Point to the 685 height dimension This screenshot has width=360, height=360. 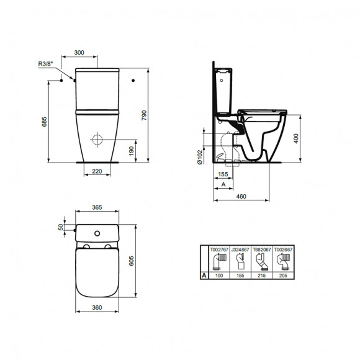[45, 122]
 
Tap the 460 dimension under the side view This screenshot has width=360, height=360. [241, 197]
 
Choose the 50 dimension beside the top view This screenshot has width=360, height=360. [61, 227]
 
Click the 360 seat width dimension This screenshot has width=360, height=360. [96, 307]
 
